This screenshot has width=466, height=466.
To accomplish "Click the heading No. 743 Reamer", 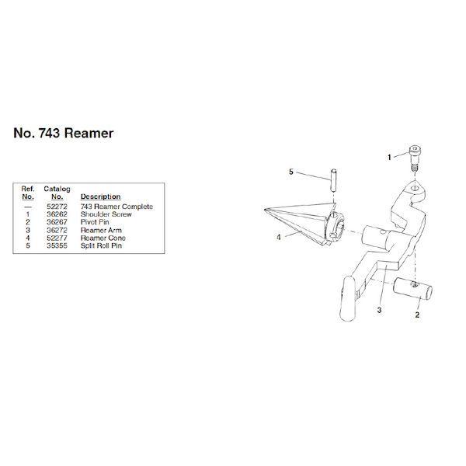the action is coord(64,134).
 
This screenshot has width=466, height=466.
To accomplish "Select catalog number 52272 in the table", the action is coord(57,207).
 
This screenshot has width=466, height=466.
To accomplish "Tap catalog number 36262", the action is coord(57,214).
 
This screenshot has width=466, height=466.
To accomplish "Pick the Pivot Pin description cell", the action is coord(95,222).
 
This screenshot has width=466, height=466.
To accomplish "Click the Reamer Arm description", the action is coord(101,230).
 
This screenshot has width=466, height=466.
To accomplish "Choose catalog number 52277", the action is coord(57,238).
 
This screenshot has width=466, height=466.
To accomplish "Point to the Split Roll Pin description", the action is coord(101,245).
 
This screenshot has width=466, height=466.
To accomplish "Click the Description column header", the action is coord(100,196).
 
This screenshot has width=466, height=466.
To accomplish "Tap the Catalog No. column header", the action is coord(57,193).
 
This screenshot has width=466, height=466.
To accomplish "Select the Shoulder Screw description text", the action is coord(106,214).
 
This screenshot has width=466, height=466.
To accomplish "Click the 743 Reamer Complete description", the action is coord(116,207).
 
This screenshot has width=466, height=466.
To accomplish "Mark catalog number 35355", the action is coord(57,245).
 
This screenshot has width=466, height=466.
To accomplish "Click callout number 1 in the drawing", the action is coord(389,158).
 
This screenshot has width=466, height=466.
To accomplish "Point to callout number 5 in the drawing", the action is coord(291,172).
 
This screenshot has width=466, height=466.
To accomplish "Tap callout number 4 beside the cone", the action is coord(279,237).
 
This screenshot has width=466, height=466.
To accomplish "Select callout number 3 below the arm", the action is coord(379,310).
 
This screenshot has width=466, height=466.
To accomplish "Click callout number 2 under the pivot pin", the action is coord(417,315).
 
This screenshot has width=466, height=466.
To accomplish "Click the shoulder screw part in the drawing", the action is coord(415,158).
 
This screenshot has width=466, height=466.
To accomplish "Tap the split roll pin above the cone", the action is coord(334,181).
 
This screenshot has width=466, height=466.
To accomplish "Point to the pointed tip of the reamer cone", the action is coord(265,210).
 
